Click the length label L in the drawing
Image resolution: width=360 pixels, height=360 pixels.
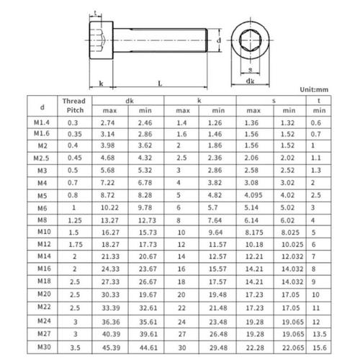[x=159, y=84]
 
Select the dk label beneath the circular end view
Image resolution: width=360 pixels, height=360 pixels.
[x=248, y=82]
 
